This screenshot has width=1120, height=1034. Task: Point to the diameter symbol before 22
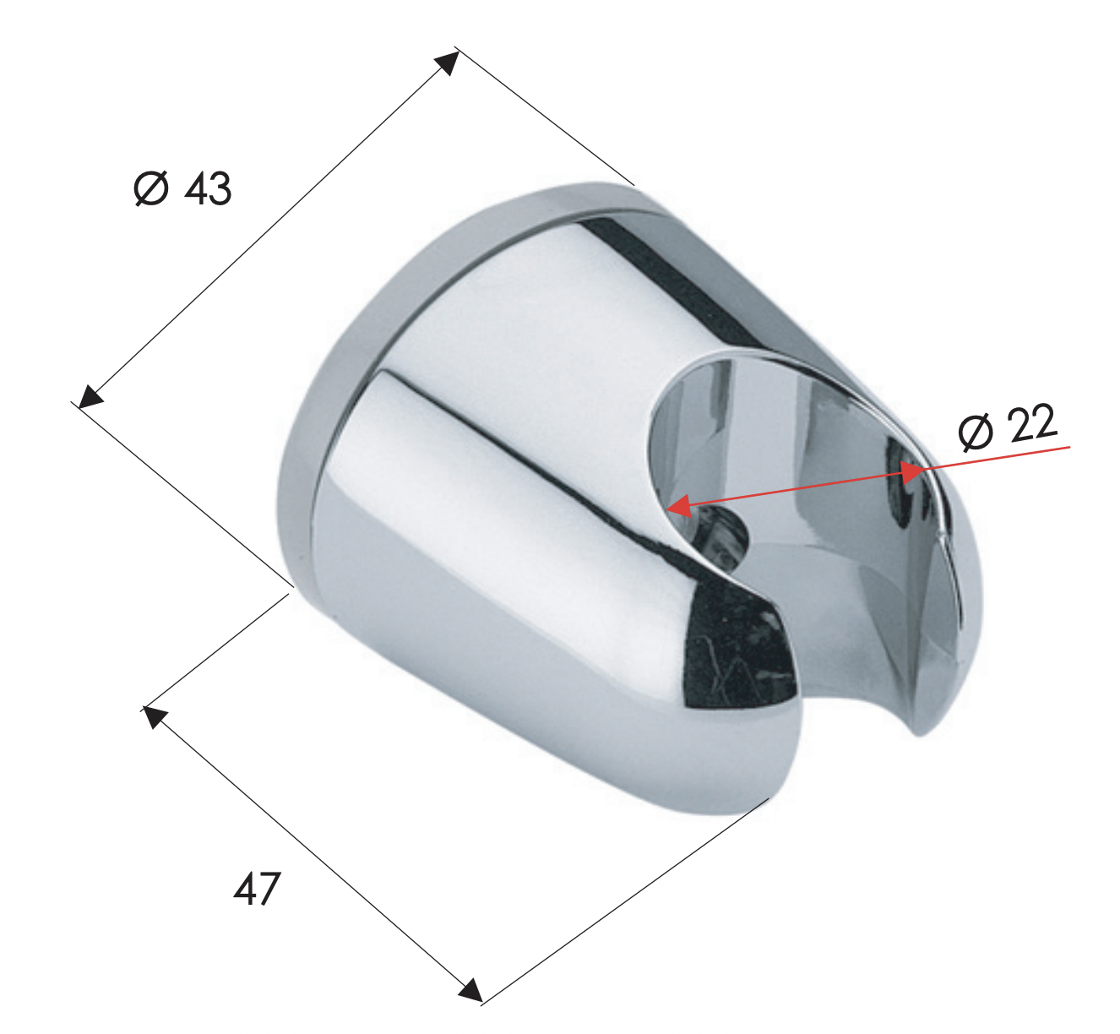pos(977,433)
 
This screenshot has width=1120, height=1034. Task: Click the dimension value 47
pos(257,889)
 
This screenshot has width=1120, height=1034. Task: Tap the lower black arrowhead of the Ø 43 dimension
pos(90,396)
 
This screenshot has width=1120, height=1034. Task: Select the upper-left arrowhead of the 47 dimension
pos(153,717)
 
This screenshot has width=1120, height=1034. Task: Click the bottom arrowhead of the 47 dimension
pos(470,990)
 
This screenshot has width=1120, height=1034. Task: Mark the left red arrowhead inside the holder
pos(678,506)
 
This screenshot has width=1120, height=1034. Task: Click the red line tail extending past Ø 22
pos(1039,451)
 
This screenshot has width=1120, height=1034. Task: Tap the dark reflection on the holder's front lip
pos(735,650)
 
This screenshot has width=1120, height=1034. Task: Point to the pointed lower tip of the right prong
pos(920,730)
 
